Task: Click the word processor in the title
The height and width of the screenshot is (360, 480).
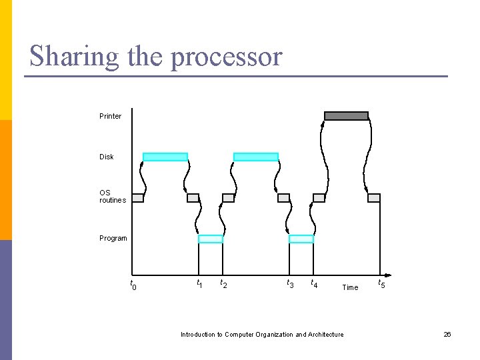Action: (x=227, y=57)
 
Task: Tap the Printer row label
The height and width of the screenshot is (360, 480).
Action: (x=111, y=116)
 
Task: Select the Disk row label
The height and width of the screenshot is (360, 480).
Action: (x=107, y=157)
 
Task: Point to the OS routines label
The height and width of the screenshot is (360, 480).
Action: (x=112, y=197)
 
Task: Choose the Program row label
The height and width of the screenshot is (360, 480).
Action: (x=113, y=238)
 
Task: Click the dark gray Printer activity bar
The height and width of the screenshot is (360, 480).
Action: (x=346, y=116)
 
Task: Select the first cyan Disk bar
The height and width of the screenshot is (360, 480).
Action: (x=165, y=157)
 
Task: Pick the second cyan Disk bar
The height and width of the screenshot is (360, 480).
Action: (x=255, y=157)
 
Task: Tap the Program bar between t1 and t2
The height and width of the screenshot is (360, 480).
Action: (x=211, y=239)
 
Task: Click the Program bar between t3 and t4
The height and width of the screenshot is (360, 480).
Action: (x=301, y=239)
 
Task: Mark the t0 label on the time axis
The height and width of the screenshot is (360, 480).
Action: (x=133, y=285)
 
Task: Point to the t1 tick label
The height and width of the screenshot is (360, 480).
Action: (x=199, y=283)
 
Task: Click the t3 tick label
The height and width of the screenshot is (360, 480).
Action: (x=290, y=283)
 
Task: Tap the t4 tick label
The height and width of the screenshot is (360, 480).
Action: (x=313, y=284)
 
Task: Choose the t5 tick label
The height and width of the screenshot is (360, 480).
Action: (x=381, y=283)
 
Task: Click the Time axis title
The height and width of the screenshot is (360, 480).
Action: (x=350, y=287)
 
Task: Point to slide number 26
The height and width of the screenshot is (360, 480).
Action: (x=447, y=334)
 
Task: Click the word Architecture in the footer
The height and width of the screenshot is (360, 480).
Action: (x=325, y=334)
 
